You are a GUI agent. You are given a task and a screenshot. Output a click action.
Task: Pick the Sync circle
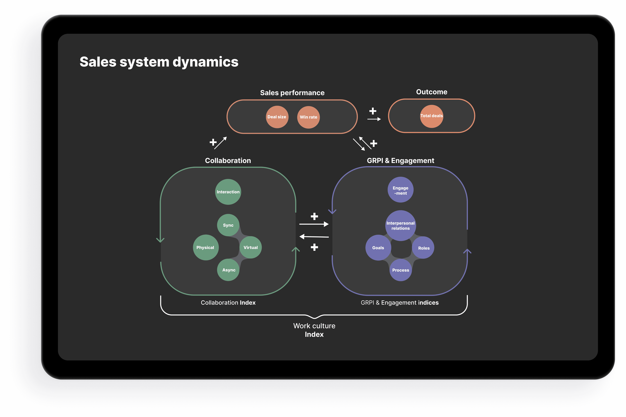point(228,225)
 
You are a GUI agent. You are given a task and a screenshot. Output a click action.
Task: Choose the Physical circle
point(205,247)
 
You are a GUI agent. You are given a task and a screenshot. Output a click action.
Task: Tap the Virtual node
point(250,247)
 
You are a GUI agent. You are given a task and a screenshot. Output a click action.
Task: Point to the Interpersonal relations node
point(400,225)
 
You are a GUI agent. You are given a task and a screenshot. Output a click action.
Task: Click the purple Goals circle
point(378,248)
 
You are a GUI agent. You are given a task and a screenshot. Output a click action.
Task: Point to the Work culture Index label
point(314,330)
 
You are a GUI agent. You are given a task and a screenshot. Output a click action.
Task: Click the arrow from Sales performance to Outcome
point(374,119)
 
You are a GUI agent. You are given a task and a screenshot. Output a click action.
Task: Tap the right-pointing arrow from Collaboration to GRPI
point(314,224)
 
